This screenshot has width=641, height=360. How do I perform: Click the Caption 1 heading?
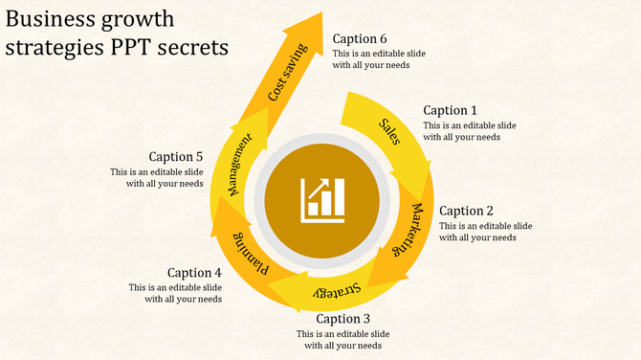[450, 110]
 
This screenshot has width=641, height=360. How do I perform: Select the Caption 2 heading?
[466, 211]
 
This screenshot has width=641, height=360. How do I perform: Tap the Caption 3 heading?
[343, 319]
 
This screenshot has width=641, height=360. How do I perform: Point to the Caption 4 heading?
[194, 273]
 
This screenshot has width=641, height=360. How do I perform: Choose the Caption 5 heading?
[176, 157]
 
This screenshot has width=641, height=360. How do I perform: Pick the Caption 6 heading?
[360, 39]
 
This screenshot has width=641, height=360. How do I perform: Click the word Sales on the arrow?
[389, 128]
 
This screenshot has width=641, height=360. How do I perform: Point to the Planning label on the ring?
[249, 255]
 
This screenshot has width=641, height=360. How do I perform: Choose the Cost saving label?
[288, 73]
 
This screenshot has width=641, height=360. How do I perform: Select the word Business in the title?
[49, 18]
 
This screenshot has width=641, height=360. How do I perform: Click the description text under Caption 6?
[379, 59]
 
